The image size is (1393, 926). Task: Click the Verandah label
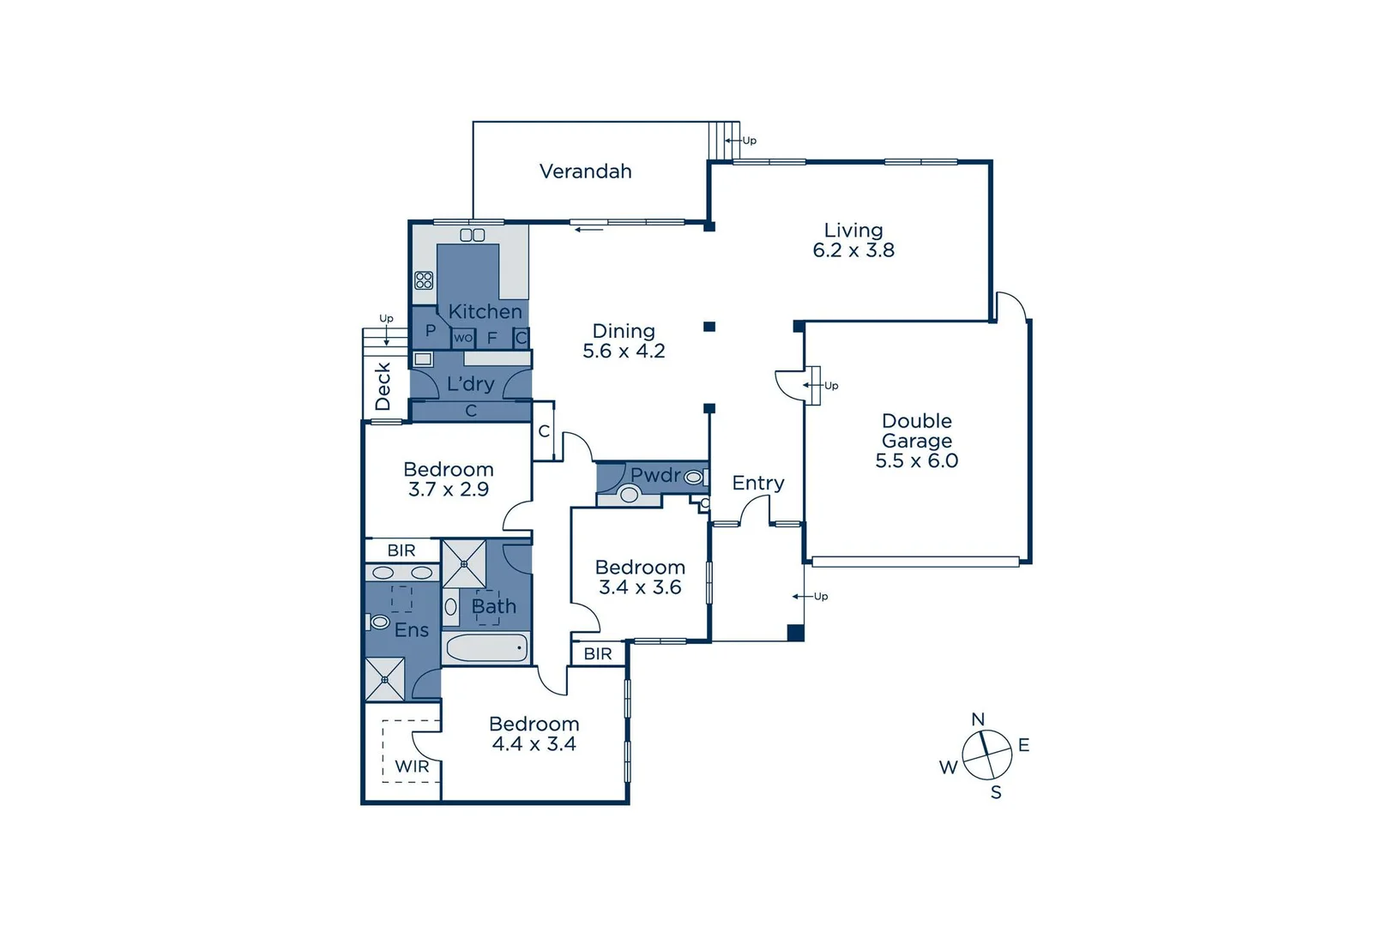[585, 171]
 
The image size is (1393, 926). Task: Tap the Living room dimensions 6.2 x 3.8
[853, 250]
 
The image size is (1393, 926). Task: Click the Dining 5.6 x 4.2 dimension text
[624, 351]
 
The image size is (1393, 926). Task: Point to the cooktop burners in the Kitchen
[424, 280]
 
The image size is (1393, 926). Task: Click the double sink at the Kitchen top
[473, 235]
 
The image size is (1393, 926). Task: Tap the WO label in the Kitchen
[463, 338]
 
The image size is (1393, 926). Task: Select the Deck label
[383, 386]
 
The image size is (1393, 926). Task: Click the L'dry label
[470, 384]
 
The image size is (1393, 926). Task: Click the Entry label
[757, 484]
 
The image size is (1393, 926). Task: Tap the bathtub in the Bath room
[486, 648]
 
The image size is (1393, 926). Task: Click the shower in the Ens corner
[384, 679]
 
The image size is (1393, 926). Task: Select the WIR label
[412, 767]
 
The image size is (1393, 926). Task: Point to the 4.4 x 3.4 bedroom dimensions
[534, 744]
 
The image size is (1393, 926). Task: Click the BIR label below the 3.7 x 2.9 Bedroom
[401, 550]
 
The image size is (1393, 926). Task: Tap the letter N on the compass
[978, 719]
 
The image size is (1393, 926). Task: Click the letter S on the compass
[996, 793]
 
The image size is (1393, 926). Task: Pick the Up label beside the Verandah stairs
[750, 141]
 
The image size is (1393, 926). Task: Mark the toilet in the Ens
[379, 622]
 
